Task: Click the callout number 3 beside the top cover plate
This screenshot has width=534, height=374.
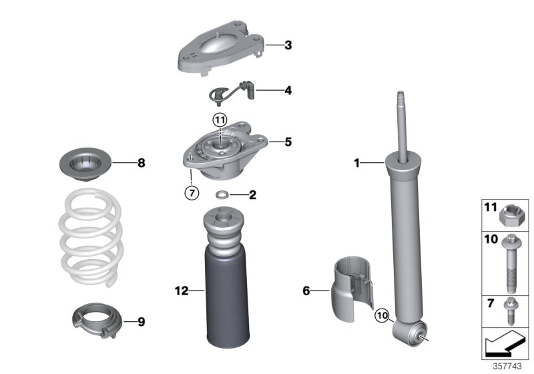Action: point(287,45)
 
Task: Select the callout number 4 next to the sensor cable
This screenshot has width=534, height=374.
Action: point(287,89)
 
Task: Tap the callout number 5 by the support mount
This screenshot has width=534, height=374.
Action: point(287,142)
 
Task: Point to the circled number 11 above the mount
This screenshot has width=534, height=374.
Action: point(220,120)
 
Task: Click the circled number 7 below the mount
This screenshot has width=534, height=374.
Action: point(191,193)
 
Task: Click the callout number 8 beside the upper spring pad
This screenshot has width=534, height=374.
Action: point(141,162)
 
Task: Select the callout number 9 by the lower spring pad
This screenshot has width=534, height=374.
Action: point(141,321)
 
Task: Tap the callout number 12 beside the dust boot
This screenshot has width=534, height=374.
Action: point(178,291)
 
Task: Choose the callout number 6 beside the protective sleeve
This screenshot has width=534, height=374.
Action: point(306,291)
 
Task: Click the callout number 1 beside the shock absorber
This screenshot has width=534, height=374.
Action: point(357,162)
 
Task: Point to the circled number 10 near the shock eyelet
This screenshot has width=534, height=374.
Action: point(381,315)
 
